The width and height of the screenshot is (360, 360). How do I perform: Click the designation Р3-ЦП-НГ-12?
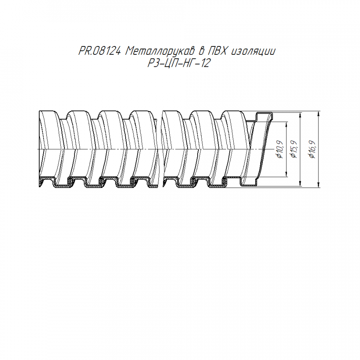[x=179, y=63]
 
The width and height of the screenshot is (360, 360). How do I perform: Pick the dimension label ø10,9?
[x=280, y=149]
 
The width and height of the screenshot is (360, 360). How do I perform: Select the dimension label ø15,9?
[x=294, y=149]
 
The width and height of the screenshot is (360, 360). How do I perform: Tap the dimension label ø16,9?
[x=313, y=149]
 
